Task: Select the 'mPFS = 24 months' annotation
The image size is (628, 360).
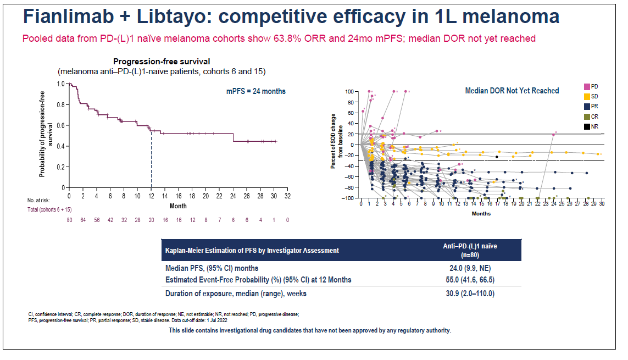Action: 256,91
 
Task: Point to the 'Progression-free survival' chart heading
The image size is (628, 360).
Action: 162,62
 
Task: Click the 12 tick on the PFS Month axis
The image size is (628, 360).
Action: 151,196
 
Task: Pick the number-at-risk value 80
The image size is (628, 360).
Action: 69,219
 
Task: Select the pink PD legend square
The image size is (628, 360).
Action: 586,87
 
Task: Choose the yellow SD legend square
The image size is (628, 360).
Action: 586,97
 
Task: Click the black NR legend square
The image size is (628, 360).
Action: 586,126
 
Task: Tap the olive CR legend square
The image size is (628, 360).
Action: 586,117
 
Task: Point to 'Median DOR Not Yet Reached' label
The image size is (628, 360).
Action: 512,91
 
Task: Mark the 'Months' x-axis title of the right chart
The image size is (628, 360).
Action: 481,214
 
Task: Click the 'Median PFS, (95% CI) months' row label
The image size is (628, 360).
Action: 213,269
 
